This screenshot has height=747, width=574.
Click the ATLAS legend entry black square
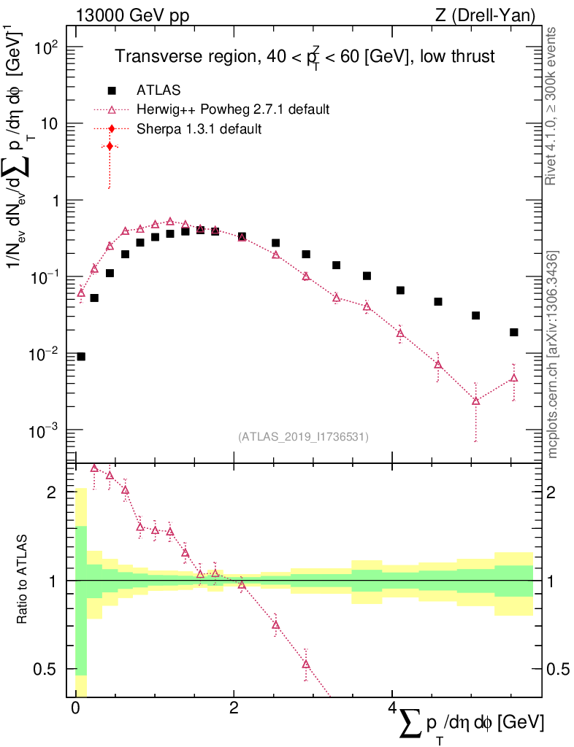click(112, 90)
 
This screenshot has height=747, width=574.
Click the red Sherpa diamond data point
click(110, 147)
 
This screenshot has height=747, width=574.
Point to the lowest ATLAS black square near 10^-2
click(81, 357)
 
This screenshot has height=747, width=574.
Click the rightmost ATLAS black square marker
click(514, 333)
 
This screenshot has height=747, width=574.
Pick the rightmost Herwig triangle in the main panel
click(514, 378)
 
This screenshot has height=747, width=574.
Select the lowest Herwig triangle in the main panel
click(476, 400)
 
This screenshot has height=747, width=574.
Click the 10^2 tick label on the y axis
click(46, 48)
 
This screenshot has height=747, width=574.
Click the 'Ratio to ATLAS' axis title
click(23, 581)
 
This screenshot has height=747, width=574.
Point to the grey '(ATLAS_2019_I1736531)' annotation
click(303, 437)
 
